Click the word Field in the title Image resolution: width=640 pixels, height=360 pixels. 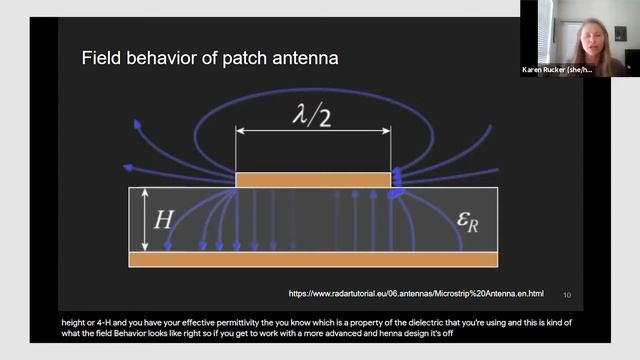tap(102, 59)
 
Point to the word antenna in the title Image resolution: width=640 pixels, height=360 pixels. tap(304, 59)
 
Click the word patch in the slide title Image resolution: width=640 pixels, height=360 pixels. tap(243, 59)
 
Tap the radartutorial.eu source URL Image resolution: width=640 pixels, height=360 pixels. tap(416, 293)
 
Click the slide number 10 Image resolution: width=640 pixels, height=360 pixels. tap(567, 294)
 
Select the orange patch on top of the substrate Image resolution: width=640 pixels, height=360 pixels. tap(313, 180)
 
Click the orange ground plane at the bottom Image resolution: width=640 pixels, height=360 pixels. tap(313, 259)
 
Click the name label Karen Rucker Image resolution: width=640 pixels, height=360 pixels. tap(560, 71)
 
